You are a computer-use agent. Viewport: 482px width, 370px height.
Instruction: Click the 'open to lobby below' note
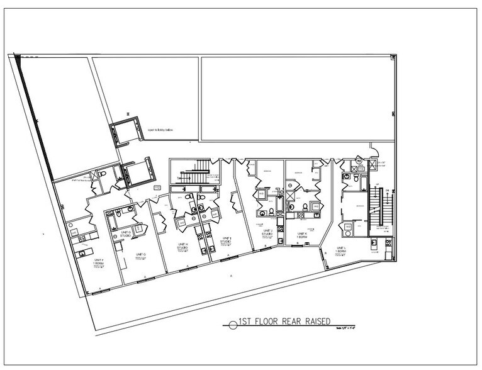tap(160, 130)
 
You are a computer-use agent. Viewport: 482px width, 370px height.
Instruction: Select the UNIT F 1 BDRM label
tap(98, 260)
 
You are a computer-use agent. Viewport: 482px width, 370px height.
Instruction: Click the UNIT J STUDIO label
tap(267, 234)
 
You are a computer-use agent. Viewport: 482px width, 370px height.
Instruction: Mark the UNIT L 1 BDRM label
tap(342, 249)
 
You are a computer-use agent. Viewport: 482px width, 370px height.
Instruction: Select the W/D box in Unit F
tap(75, 233)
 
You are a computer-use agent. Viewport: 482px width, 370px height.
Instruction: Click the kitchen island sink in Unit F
tap(81, 252)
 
